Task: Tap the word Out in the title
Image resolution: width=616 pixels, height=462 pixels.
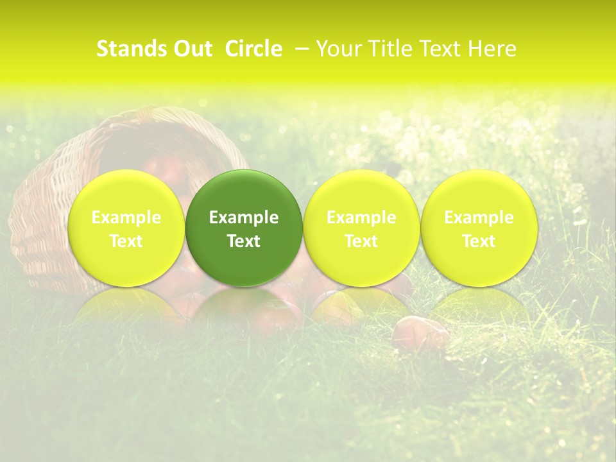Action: click(192, 49)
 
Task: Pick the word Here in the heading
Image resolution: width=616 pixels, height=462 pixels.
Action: click(492, 49)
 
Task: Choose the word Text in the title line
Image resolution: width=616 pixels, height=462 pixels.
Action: click(443, 49)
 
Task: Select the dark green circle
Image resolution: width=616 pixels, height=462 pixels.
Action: click(244, 228)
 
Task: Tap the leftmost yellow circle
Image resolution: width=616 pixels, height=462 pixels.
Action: click(126, 228)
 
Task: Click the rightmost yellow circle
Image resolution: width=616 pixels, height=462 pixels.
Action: click(479, 228)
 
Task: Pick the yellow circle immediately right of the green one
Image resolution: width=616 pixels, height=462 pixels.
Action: click(361, 228)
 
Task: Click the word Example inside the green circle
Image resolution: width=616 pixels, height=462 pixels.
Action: click(244, 218)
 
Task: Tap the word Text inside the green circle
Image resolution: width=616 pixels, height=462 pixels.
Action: click(244, 241)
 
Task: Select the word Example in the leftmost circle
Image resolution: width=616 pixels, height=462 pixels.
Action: click(126, 218)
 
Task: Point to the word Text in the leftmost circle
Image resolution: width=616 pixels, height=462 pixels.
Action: click(126, 241)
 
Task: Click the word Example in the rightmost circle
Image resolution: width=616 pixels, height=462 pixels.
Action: click(479, 218)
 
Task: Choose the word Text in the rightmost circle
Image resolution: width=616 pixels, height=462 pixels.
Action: click(479, 241)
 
